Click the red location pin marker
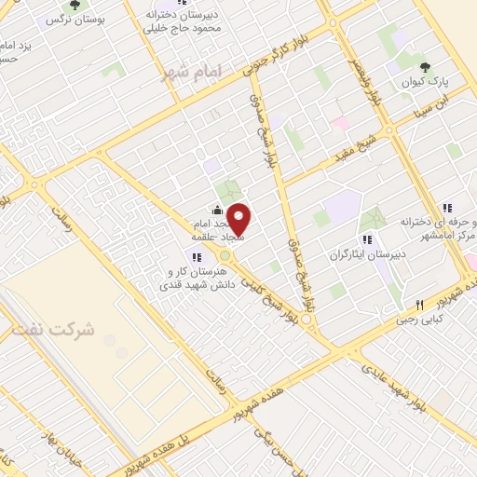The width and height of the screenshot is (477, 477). click(x=239, y=220)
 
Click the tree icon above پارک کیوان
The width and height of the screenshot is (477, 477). click(x=426, y=67)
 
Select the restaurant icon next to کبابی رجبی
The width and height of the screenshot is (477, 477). click(x=420, y=305)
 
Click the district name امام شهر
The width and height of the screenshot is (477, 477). click(x=188, y=72)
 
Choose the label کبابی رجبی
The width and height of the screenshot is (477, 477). click(x=439, y=318)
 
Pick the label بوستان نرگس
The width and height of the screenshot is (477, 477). click(x=101, y=18)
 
